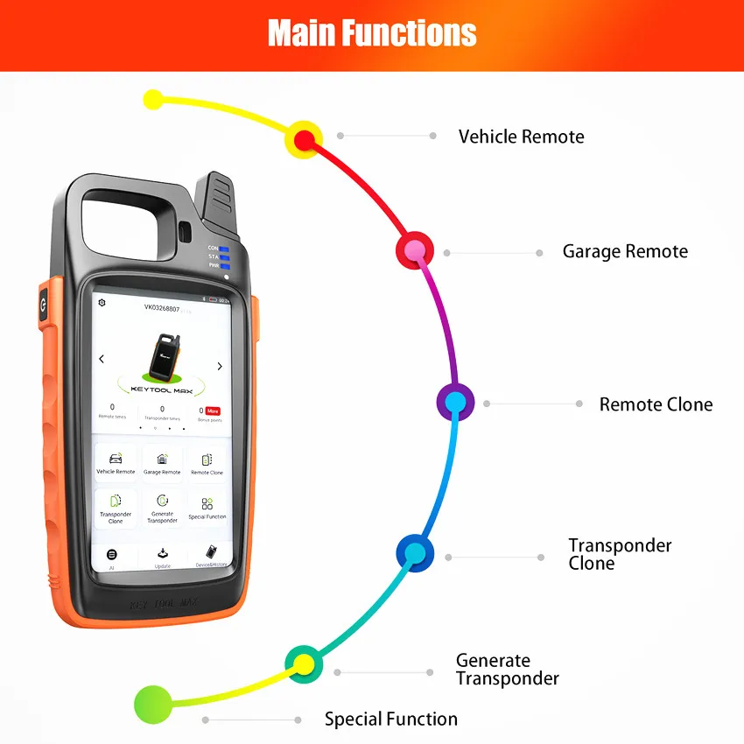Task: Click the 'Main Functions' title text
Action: coord(372,33)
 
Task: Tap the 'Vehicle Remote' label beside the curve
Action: coord(521,137)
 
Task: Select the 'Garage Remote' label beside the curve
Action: coord(625,252)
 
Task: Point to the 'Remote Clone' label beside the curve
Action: coord(656,404)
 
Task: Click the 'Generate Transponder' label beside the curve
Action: coord(507,670)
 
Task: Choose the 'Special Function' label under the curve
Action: coord(390,719)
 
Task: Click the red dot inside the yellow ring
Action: coord(304,139)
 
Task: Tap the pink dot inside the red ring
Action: coord(416,250)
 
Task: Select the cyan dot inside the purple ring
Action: coord(455,402)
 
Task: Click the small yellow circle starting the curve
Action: coord(153,99)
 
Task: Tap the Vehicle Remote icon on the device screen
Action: coord(116,459)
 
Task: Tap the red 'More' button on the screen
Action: coord(213,411)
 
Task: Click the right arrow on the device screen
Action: coord(220,366)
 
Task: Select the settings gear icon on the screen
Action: coord(102,302)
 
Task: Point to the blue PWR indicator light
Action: coord(224,265)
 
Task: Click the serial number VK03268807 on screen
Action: coord(162,308)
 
